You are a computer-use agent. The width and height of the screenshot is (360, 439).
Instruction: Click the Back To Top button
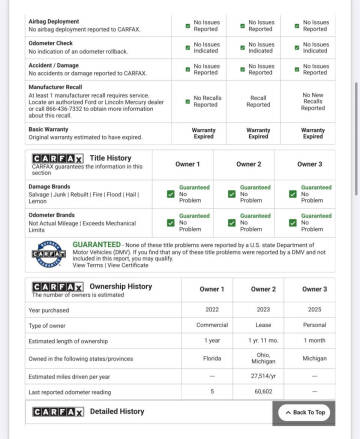pyautogui.click(x=303, y=411)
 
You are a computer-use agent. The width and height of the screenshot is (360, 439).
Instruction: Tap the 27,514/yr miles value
pyautogui.click(x=264, y=375)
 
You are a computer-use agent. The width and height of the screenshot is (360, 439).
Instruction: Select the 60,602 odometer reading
pyautogui.click(x=264, y=391)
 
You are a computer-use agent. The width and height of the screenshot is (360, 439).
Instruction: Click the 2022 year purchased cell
pyautogui.click(x=212, y=310)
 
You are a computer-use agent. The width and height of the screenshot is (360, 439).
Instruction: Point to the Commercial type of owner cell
pyautogui.click(x=212, y=326)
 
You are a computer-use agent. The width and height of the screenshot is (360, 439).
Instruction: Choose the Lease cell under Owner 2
pyautogui.click(x=264, y=326)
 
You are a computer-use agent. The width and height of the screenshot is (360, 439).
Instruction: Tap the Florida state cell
pyautogui.click(x=212, y=357)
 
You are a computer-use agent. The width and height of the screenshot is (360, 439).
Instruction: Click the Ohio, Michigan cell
pyautogui.click(x=264, y=357)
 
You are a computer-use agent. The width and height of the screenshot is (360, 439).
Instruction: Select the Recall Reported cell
pyautogui.click(x=258, y=101)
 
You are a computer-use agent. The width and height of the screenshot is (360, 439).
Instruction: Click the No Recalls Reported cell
pyautogui.click(x=207, y=101)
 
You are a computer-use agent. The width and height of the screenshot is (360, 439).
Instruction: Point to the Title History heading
pyautogui.click(x=109, y=157)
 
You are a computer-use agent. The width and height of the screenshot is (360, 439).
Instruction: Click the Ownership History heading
pyautogui.click(x=121, y=286)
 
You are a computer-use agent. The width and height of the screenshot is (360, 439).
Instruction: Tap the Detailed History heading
pyautogui.click(x=117, y=411)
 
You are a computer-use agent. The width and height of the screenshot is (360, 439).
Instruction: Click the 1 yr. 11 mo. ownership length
pyautogui.click(x=264, y=341)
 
